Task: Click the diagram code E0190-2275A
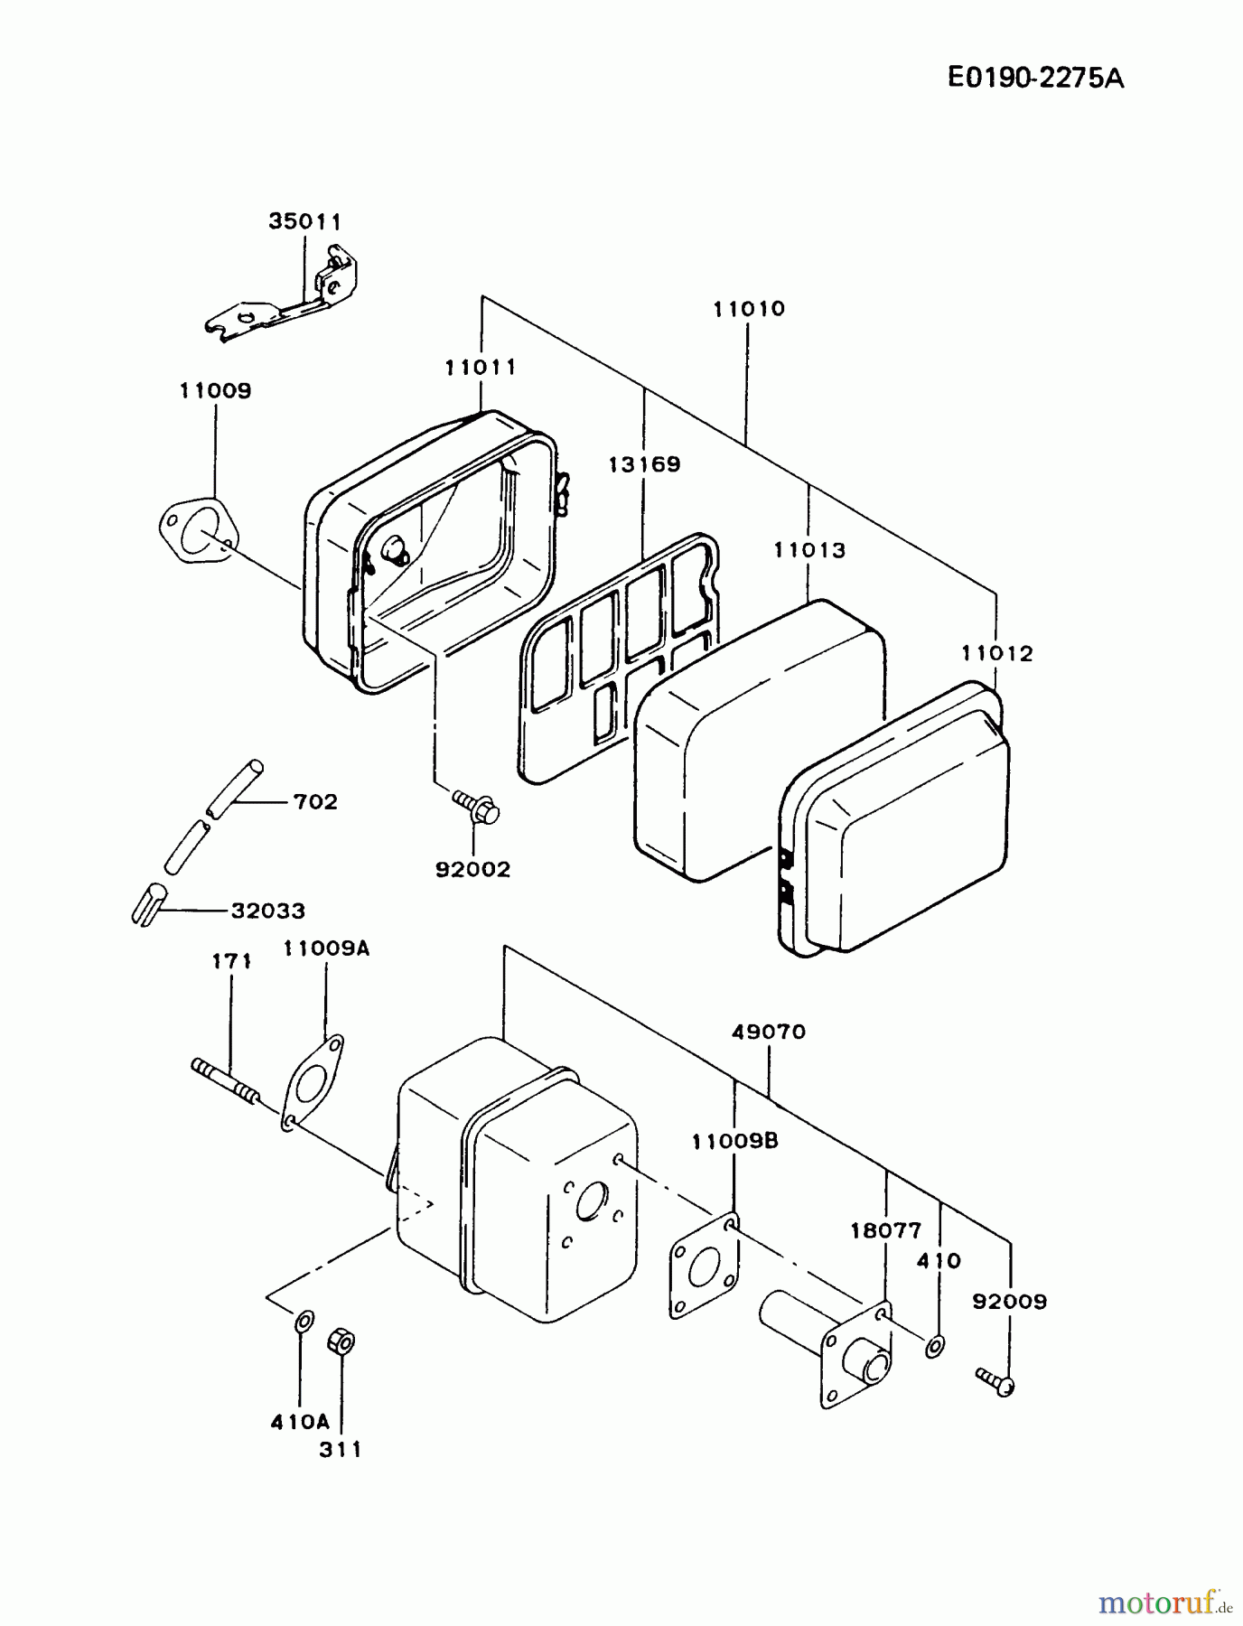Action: coord(1035,79)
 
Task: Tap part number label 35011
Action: coord(305,221)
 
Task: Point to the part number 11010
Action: coord(749,309)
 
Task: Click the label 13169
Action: coord(644,464)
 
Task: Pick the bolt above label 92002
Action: coord(476,806)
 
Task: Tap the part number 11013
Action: coord(809,550)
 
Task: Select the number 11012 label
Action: coord(996,653)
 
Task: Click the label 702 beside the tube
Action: coord(315,801)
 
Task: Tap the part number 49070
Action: coord(768,1032)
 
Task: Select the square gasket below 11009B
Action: coord(704,1266)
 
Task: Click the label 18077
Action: coord(885,1230)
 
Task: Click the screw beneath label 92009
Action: coord(995,1381)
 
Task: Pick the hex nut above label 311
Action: coord(341,1341)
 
